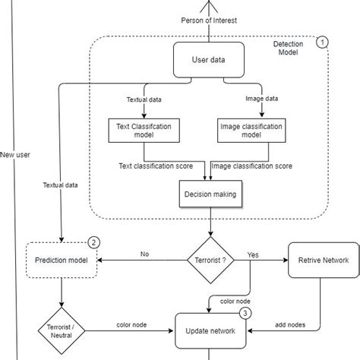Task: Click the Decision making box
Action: tap(209, 194)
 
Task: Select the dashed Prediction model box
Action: tap(61, 261)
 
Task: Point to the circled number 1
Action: tap(322, 43)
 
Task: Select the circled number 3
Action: tap(246, 312)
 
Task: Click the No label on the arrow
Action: tap(144, 253)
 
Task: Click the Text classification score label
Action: tap(160, 165)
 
